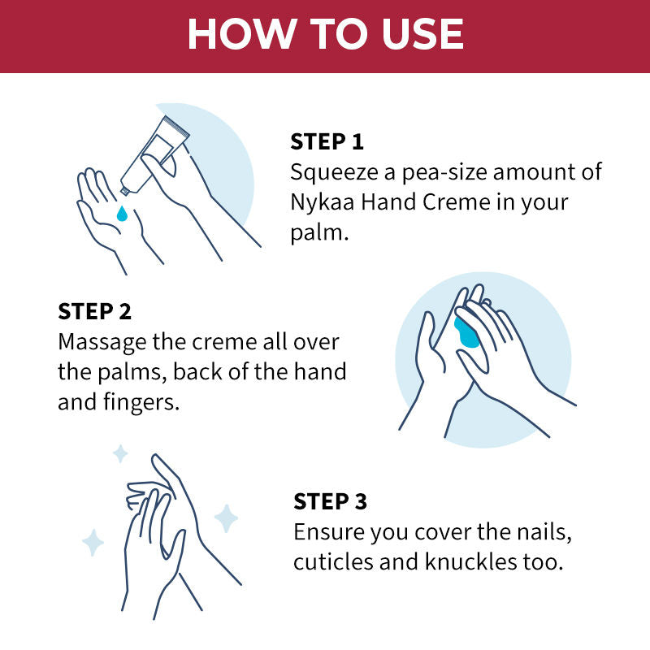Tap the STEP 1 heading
pos(327,142)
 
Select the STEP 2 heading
pos(94,312)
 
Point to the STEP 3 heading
pos(331,501)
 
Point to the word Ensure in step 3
pos(329,532)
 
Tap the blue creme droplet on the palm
pos(122,214)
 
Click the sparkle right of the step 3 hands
pos(225,518)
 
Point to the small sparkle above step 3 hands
pos(120,453)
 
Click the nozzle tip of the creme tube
pos(124,192)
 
